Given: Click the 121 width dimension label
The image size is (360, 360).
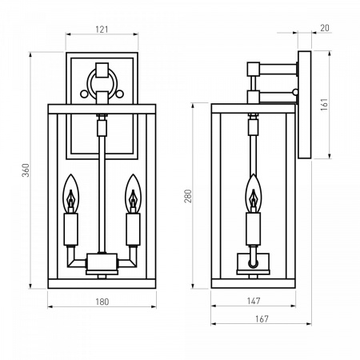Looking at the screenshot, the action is coord(102,30).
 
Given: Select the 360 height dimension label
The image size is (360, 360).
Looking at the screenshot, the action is coord(26,170).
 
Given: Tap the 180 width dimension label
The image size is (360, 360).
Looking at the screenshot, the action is coord(102,302).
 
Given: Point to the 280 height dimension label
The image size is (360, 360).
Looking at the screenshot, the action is coord(188,196).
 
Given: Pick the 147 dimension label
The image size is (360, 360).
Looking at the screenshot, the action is coord(254,301).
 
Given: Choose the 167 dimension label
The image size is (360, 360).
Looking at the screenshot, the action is coord(262,319).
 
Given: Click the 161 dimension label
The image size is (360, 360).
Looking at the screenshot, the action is coord(324,104).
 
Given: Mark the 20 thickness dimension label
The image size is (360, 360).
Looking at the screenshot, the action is coord(325,28).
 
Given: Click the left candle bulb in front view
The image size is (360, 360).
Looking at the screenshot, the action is coord(70,194).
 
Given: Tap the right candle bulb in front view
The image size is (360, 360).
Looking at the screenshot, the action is coord(133,194).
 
